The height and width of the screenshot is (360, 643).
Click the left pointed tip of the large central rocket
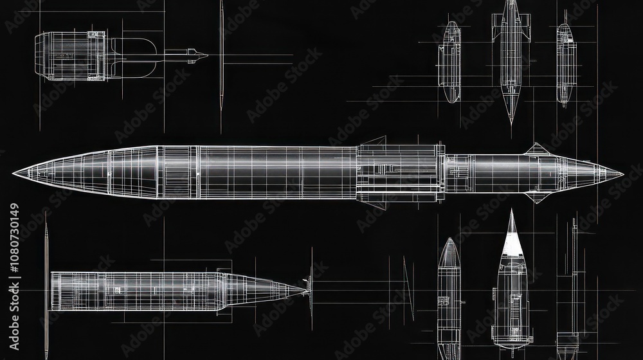pyautogui.click(x=14, y=174)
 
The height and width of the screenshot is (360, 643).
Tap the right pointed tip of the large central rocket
pyautogui.click(x=621, y=174)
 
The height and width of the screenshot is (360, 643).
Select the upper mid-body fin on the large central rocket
pyautogui.click(x=374, y=140)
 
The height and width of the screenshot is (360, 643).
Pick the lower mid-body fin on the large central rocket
pyautogui.click(x=374, y=205)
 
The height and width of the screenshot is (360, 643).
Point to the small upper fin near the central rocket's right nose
pyautogui.click(x=536, y=150)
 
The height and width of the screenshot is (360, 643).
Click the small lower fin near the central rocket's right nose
pyautogui.click(x=536, y=197)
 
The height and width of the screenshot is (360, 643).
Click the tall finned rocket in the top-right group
pyautogui.click(x=511, y=55)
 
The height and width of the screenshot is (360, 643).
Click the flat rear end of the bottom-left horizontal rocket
pyautogui.click(x=53, y=291)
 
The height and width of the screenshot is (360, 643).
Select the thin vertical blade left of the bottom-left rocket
pyautogui.click(x=46, y=283)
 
